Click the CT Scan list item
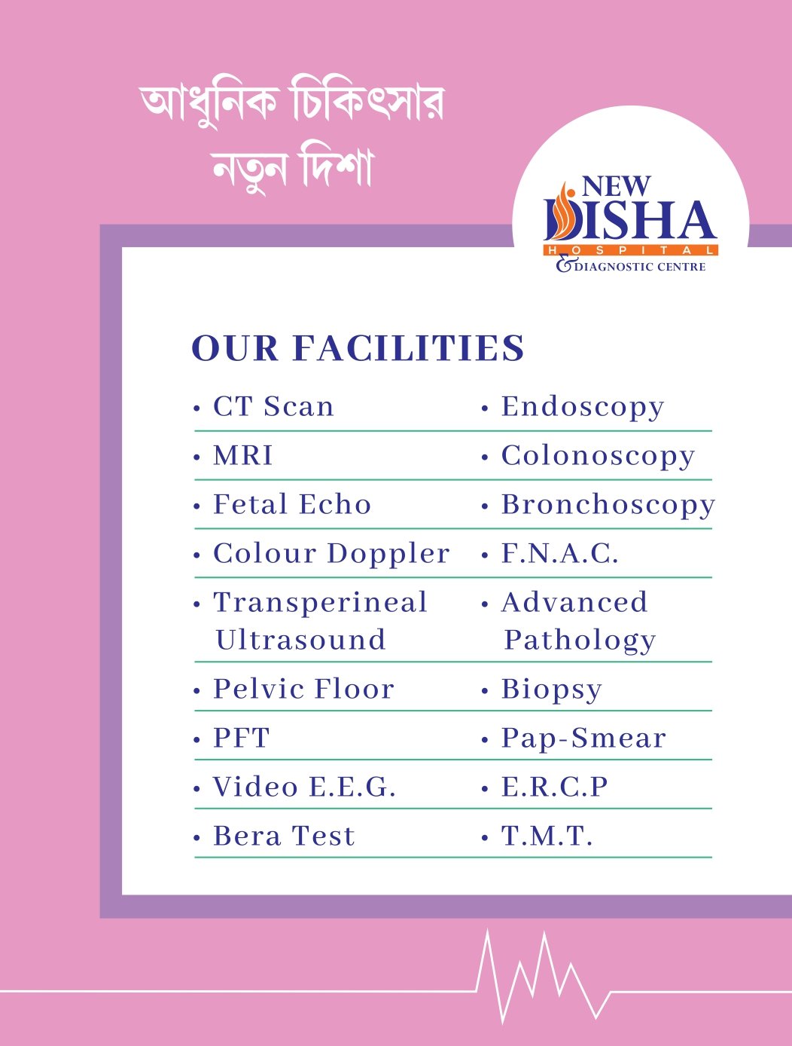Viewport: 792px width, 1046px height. [x=273, y=407]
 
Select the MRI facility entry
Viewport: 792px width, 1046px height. [x=243, y=456]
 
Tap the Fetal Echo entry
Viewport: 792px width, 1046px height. [x=292, y=505]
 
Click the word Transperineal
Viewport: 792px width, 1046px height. [x=321, y=603]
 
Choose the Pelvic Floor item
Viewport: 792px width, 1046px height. [x=303, y=689]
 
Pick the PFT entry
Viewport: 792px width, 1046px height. [x=241, y=738]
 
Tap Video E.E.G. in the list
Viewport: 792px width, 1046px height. [x=304, y=787]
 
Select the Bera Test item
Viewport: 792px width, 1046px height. [x=284, y=836]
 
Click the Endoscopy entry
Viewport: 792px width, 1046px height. [x=583, y=407]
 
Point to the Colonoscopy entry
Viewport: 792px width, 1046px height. [x=598, y=456]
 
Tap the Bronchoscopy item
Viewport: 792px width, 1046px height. [x=608, y=505]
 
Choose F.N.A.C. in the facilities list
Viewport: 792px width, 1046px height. [x=560, y=554]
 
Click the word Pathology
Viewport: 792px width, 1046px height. [x=580, y=641]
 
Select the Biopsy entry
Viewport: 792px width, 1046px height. [x=552, y=689]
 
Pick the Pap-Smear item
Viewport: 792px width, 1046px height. [x=583, y=738]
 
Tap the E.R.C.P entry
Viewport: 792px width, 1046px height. [x=555, y=787]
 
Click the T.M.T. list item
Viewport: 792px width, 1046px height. [x=547, y=836]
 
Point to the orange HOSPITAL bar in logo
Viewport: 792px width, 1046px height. [x=631, y=250]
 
